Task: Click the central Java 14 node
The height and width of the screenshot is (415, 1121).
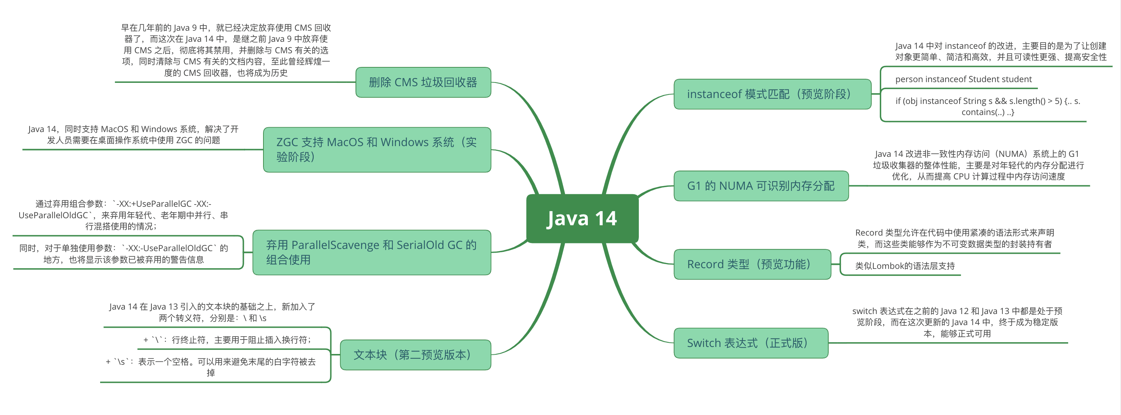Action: (582, 218)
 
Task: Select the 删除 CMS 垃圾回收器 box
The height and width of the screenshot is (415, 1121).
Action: (423, 82)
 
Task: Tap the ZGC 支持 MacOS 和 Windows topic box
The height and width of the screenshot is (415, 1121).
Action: (377, 149)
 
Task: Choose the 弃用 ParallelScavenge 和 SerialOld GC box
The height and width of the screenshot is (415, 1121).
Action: (372, 252)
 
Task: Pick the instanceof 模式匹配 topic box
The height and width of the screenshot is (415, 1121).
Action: (772, 94)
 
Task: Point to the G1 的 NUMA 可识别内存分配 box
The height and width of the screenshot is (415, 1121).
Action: (761, 186)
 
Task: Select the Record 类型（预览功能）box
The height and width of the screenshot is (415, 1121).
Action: (752, 264)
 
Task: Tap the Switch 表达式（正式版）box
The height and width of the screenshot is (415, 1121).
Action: (750, 343)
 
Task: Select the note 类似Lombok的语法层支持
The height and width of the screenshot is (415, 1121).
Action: (905, 266)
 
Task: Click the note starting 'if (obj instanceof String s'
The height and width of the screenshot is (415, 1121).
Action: (987, 107)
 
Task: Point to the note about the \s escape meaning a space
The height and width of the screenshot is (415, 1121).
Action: (211, 367)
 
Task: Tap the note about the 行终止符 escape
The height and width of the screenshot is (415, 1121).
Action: (227, 340)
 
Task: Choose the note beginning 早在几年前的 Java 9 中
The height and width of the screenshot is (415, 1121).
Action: (226, 50)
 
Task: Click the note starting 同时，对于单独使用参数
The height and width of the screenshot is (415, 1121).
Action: (123, 254)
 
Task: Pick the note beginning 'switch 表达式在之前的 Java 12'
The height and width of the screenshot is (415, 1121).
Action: (957, 322)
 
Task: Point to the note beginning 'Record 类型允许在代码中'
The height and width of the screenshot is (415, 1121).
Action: (954, 238)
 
